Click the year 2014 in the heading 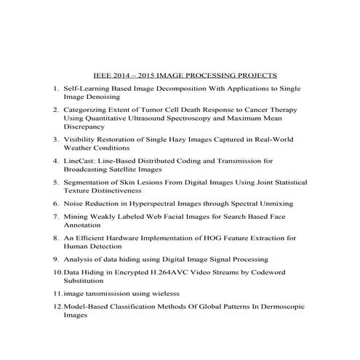click(x=122, y=75)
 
